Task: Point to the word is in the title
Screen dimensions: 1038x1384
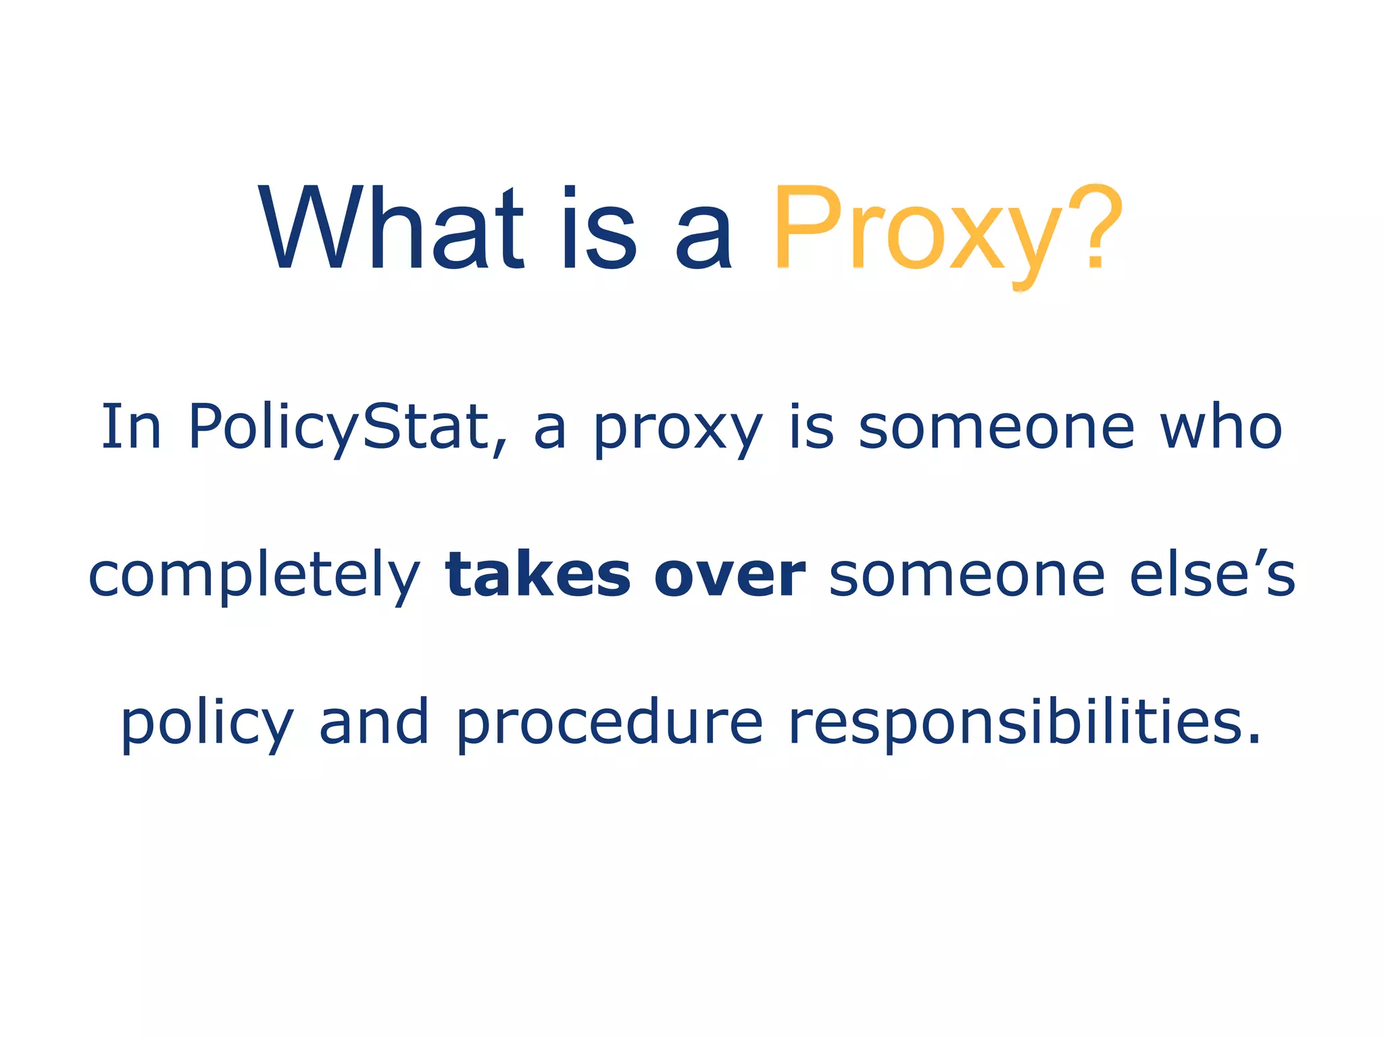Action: [599, 230]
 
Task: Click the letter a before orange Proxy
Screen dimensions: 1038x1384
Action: [703, 237]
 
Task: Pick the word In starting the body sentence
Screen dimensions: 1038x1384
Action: [131, 427]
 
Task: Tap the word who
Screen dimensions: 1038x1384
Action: [1220, 427]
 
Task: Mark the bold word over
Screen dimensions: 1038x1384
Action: [730, 576]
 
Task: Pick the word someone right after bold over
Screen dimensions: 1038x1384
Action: [967, 576]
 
